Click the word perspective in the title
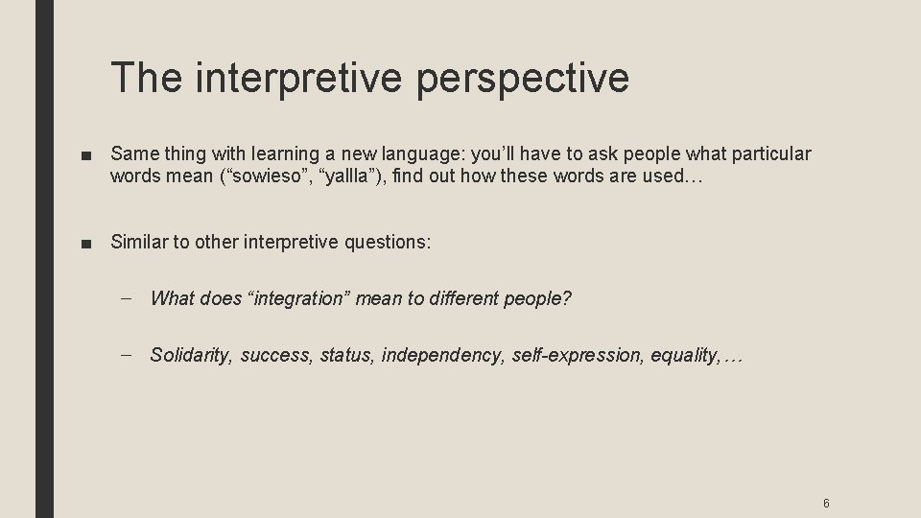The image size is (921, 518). click(523, 79)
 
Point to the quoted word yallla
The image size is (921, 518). click(342, 177)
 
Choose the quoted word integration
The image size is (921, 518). click(301, 298)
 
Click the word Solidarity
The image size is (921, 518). click(191, 356)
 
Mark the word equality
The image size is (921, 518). click(684, 356)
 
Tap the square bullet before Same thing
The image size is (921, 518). click(87, 154)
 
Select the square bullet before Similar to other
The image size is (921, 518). click(87, 243)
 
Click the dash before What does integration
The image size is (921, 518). click(128, 298)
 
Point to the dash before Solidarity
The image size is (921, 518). click(128, 356)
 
